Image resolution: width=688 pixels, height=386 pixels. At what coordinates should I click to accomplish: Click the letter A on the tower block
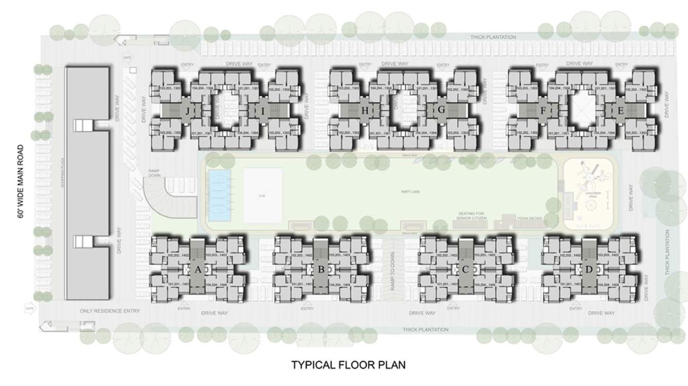pyautogui.click(x=198, y=268)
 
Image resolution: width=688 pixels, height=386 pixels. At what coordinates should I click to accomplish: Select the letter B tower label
pyautogui.click(x=321, y=268)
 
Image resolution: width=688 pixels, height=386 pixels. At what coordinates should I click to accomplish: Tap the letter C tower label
pyautogui.click(x=465, y=268)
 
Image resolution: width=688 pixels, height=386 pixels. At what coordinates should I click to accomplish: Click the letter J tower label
pyautogui.click(x=188, y=111)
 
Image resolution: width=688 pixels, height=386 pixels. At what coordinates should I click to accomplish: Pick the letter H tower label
pyautogui.click(x=365, y=111)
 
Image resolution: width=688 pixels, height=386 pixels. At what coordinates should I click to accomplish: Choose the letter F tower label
pyautogui.click(x=543, y=111)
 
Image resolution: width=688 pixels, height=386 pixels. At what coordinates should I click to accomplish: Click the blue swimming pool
pyautogui.click(x=220, y=196)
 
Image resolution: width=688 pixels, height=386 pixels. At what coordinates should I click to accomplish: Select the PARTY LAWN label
pyautogui.click(x=409, y=191)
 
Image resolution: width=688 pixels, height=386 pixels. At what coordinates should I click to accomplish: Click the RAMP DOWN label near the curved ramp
pyautogui.click(x=155, y=172)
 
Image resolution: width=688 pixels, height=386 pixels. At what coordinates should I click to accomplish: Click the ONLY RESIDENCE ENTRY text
pyautogui.click(x=110, y=311)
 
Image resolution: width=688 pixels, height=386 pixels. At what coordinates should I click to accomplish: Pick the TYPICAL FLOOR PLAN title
pyautogui.click(x=349, y=365)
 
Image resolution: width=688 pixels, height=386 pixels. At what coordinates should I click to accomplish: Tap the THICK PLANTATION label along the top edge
pyautogui.click(x=493, y=37)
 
